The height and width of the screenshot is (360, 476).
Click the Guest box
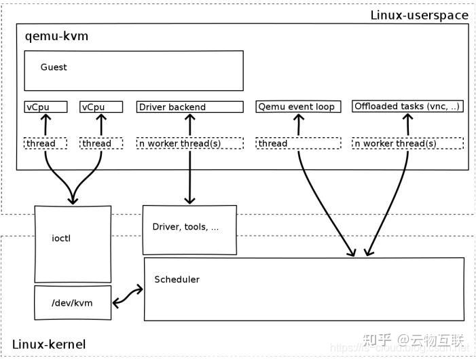(x=133, y=71)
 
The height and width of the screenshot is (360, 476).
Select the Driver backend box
(x=189, y=107)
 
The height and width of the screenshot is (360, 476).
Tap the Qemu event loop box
(x=298, y=107)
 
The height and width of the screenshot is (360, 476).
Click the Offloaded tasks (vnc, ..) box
(x=407, y=106)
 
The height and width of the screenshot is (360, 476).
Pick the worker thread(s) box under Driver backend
(x=189, y=143)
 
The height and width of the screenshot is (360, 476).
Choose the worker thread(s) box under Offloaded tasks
(x=407, y=143)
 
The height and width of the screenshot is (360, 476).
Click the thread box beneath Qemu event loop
(x=298, y=143)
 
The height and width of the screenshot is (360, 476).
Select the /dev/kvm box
(x=73, y=302)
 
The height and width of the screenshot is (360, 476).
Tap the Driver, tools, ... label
(x=185, y=228)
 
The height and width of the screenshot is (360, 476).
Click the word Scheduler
(x=177, y=280)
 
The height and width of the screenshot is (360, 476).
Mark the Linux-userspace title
(x=419, y=15)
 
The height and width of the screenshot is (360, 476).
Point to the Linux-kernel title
(x=49, y=344)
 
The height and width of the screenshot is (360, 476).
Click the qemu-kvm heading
(x=56, y=36)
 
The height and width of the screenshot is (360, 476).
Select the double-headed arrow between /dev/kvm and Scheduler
(x=128, y=295)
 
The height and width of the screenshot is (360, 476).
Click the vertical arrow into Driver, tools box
(x=189, y=177)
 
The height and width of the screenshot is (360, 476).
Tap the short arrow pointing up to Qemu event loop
(x=298, y=124)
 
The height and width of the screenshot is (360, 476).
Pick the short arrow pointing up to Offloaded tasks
(x=407, y=124)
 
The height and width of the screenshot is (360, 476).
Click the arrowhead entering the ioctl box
(x=73, y=200)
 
